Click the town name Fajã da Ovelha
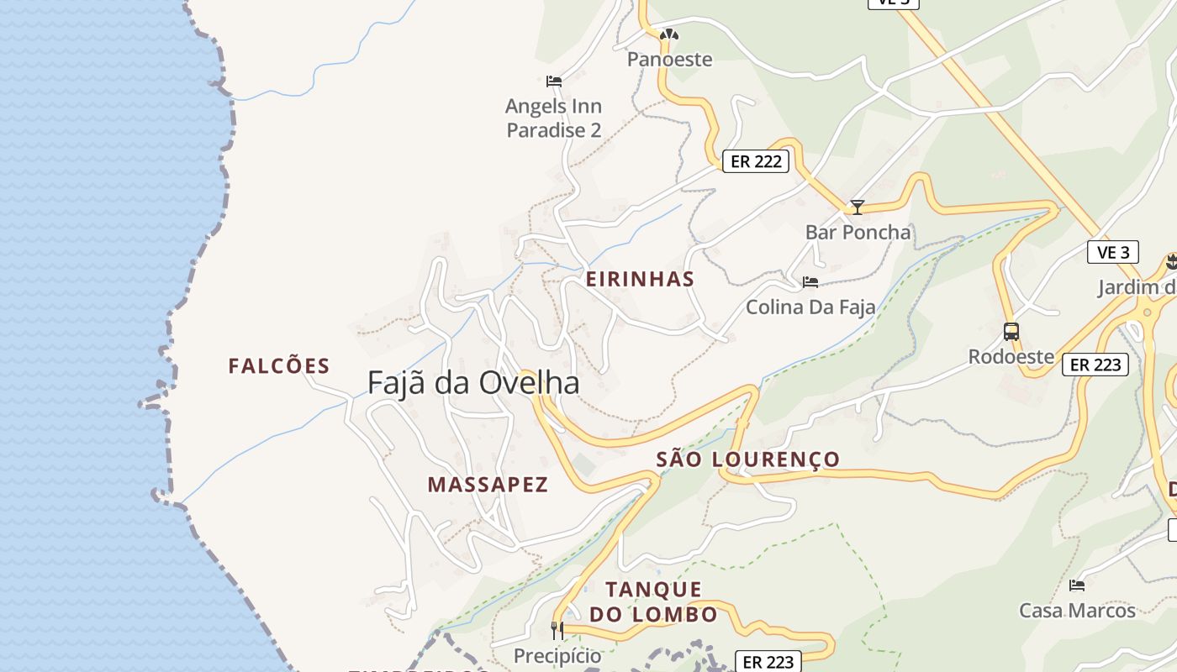(473, 383)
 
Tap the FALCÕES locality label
(279, 366)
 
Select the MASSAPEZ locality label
(488, 485)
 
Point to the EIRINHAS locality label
(640, 280)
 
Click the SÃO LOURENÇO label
(747, 459)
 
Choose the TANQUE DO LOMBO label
(653, 601)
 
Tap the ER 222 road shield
(756, 161)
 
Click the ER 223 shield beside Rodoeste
(1095, 365)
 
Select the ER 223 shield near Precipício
(768, 662)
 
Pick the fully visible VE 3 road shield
(1113, 252)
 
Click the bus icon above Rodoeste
(1011, 332)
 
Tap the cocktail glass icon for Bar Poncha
(857, 207)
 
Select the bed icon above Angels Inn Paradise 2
(553, 81)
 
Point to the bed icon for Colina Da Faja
(810, 282)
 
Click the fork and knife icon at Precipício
(557, 630)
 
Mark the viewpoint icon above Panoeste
(668, 35)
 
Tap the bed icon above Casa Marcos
(1076, 585)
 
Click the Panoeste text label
(669, 60)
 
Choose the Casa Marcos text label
(1077, 611)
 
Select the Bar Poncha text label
(858, 233)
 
